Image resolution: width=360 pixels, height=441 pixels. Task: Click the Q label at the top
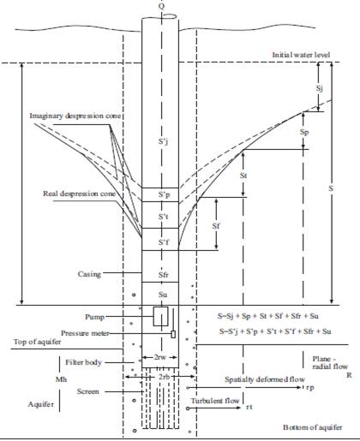pos(162,6)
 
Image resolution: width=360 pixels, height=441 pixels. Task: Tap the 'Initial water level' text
pos(301,55)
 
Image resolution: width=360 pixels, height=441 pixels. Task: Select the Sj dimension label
pos(320,88)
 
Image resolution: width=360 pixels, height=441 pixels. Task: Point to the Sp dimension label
pos(304,133)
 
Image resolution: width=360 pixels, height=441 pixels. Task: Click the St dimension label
pos(243,176)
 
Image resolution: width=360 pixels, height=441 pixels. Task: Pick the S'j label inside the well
pos(163,141)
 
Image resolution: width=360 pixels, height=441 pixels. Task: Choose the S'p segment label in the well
pos(164,195)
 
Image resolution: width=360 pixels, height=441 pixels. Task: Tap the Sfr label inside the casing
pos(164,275)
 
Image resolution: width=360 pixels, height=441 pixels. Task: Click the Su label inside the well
pos(163,295)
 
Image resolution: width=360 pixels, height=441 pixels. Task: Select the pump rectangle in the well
pos(160,316)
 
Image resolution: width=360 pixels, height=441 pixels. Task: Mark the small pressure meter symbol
pos(173,334)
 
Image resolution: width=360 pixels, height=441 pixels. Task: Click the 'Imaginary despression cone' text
pos(75,116)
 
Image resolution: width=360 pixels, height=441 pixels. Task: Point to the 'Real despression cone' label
pos(79,194)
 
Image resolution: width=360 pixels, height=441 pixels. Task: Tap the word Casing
pos(89,274)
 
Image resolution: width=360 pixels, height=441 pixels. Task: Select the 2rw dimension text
pos(159,357)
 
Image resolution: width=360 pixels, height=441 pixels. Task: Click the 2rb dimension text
pos(164,377)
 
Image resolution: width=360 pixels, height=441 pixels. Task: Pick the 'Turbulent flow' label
pos(215,401)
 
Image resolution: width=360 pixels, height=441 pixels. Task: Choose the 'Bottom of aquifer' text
pos(313,427)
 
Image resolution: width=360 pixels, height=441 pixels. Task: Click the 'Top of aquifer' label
pos(37,342)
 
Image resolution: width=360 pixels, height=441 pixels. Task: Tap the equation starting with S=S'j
pos(275,331)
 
